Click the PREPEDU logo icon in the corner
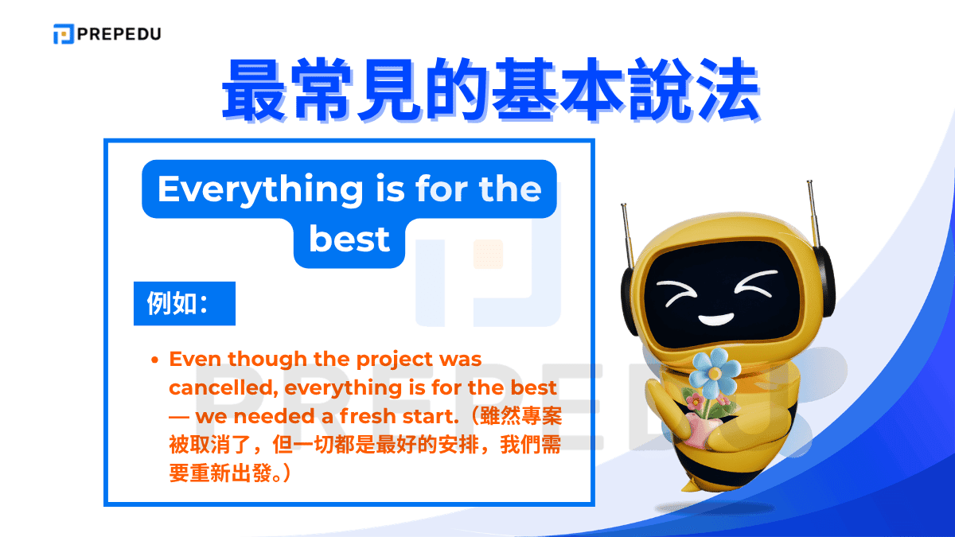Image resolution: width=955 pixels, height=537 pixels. point(63,34)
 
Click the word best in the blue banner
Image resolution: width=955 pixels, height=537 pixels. point(349,239)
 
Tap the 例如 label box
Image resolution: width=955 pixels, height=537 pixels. point(184,303)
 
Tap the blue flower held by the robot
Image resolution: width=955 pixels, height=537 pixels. point(714,370)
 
